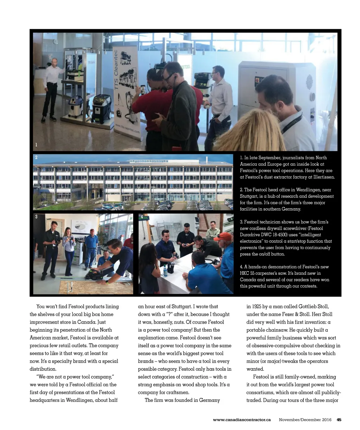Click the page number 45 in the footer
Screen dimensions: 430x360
(339, 419)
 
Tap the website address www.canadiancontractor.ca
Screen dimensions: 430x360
(242, 419)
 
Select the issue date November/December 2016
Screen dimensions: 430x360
(305, 419)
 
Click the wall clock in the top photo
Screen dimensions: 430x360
(56, 41)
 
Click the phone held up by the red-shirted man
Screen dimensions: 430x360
(143, 89)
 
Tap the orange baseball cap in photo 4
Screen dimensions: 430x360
(223, 236)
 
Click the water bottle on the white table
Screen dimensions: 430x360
(165, 271)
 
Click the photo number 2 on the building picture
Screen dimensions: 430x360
(36, 157)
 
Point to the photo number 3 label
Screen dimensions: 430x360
(36, 217)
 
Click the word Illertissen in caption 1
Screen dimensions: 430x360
(323, 177)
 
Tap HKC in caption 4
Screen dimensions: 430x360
(245, 273)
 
